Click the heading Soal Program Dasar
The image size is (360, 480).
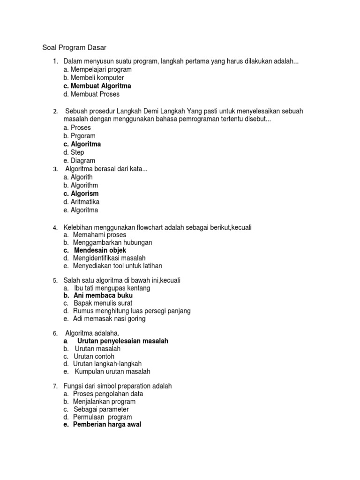pos(75,47)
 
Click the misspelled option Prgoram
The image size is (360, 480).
pos(79,136)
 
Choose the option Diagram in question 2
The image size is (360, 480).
pos(79,161)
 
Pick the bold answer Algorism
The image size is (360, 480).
pos(81,194)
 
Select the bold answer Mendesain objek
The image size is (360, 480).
pos(100,250)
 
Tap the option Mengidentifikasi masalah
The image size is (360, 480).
pos(109,258)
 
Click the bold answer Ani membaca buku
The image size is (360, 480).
pos(103,296)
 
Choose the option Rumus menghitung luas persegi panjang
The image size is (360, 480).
pos(132,311)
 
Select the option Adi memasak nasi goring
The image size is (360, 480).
pos(109,319)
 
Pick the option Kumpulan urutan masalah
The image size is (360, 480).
pos(112,372)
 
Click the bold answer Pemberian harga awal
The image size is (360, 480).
pos(107,425)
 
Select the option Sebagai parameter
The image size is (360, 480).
pos(101,409)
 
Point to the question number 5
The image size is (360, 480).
pos(55,281)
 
